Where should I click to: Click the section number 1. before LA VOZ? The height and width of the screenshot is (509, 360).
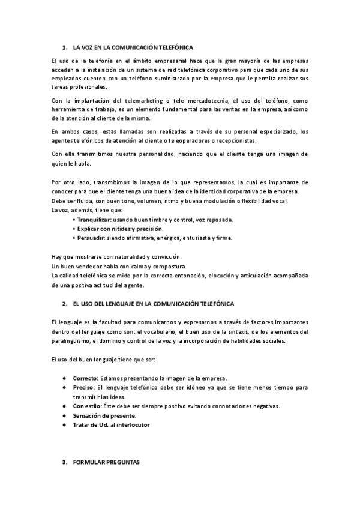coord(65,47)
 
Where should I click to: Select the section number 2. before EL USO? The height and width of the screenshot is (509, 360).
coord(65,304)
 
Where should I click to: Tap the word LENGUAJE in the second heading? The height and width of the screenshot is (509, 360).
coord(119,304)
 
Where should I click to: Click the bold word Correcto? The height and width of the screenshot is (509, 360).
coord(86,378)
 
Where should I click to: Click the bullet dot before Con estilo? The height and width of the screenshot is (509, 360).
coord(64,406)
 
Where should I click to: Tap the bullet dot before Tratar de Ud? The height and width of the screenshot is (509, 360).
coord(64,424)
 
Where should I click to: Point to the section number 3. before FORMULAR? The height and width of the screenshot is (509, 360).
coord(65,463)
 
